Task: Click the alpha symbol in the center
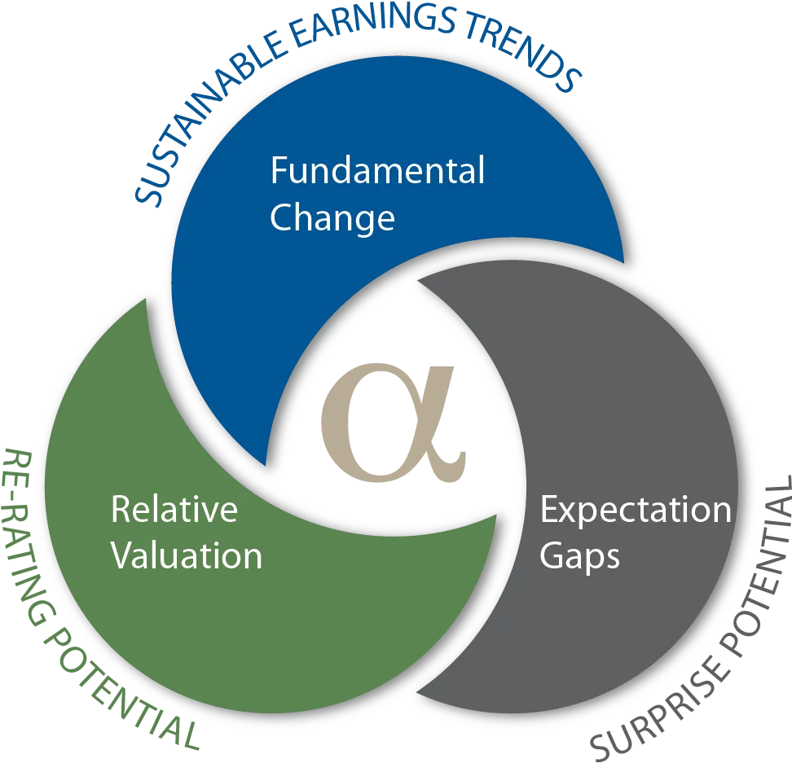pyautogui.click(x=393, y=422)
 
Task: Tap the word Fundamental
pyautogui.click(x=378, y=170)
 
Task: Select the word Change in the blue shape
pyautogui.click(x=332, y=218)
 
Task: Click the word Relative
pyautogui.click(x=174, y=509)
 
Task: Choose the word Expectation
pyautogui.click(x=636, y=511)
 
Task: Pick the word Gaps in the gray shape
pyautogui.click(x=580, y=557)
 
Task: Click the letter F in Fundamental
pyautogui.click(x=279, y=170)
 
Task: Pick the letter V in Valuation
pyautogui.click(x=123, y=555)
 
